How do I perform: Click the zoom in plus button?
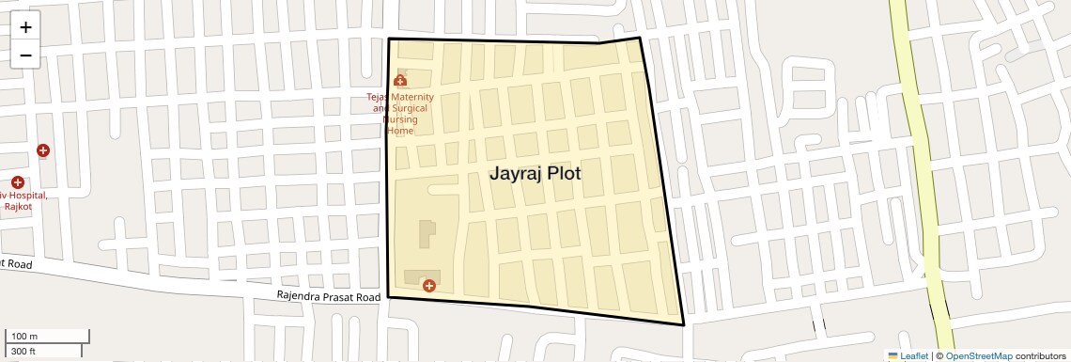point(25,27)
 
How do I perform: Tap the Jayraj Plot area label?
point(535,174)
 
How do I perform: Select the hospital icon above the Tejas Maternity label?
point(400,81)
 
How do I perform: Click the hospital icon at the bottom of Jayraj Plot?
point(429,285)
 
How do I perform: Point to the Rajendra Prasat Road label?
point(328,296)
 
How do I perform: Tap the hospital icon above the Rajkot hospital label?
point(18,181)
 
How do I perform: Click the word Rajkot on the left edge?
point(17,206)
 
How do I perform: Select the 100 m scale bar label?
point(24,337)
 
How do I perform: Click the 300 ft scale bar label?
point(23,352)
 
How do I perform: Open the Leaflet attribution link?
point(908,355)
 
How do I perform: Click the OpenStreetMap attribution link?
point(978,355)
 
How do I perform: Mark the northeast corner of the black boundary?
point(640,38)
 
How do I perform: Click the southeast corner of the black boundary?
point(683,325)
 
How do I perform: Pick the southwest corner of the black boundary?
point(388,298)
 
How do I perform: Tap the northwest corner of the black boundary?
point(389,39)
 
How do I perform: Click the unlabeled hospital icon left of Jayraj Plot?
point(43,150)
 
